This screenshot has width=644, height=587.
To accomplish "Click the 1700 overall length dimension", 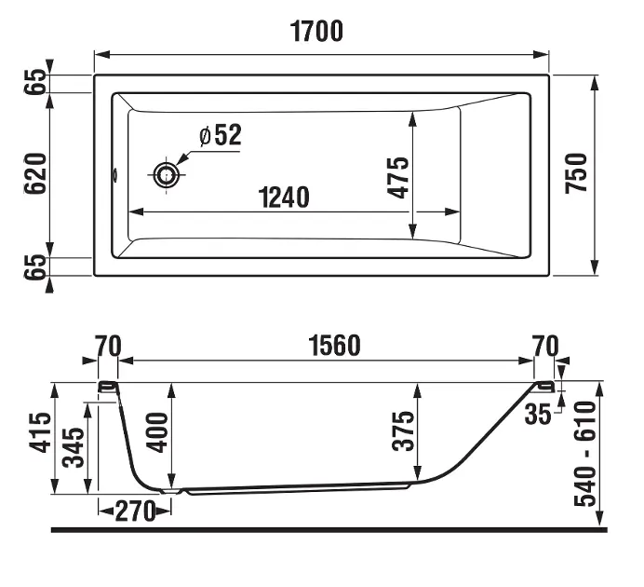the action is pyautogui.click(x=316, y=32).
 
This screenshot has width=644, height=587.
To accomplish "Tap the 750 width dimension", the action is pyautogui.click(x=576, y=173).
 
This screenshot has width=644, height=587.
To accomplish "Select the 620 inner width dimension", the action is pyautogui.click(x=35, y=173).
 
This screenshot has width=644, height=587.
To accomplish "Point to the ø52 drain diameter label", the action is pyautogui.click(x=221, y=135).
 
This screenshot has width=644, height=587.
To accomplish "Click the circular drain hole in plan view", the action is pyautogui.click(x=167, y=175).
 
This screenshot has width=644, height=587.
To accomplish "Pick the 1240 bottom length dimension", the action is pyautogui.click(x=284, y=198).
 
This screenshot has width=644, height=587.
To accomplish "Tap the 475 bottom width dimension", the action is pyautogui.click(x=398, y=178).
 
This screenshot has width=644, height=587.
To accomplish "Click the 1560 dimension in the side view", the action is pyautogui.click(x=335, y=346).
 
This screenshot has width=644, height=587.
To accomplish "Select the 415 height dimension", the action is pyautogui.click(x=41, y=432).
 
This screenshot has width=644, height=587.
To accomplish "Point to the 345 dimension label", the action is pyautogui.click(x=74, y=447).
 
